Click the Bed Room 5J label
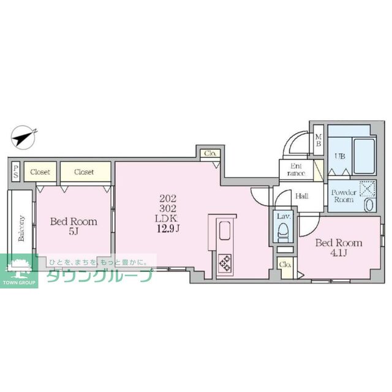coord(73,227)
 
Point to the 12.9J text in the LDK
coord(167,228)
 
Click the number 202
coord(167,198)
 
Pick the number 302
coord(167,208)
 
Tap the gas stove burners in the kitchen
coord(224,262)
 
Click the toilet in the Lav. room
coord(283,232)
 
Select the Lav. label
coord(283,216)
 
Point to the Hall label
coord(301,197)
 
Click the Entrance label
coord(296,168)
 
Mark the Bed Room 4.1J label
coord(338,247)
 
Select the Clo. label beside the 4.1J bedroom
coord(284,265)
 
